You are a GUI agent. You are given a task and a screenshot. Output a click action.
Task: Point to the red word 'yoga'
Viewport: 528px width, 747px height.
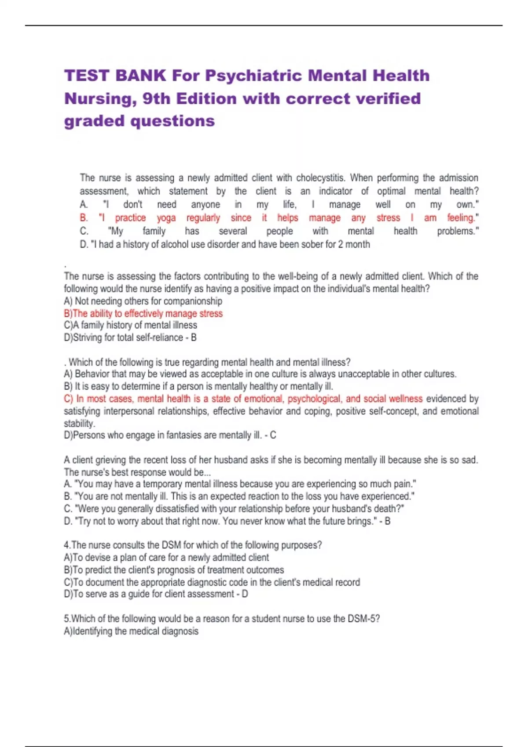pyautogui.click(x=166, y=218)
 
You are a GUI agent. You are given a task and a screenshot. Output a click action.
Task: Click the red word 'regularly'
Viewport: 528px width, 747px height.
pyautogui.click(x=203, y=218)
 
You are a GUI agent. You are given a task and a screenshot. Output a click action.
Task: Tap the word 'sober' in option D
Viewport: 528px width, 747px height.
pyautogui.click(x=312, y=244)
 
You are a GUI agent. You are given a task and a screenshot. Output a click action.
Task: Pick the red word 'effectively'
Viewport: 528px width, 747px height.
pyautogui.click(x=150, y=313)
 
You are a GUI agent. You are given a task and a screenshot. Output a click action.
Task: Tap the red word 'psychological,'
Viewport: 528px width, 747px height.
pyautogui.click(x=315, y=399)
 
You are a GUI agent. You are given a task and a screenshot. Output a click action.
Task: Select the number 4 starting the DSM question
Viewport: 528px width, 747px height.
pyautogui.click(x=66, y=545)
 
